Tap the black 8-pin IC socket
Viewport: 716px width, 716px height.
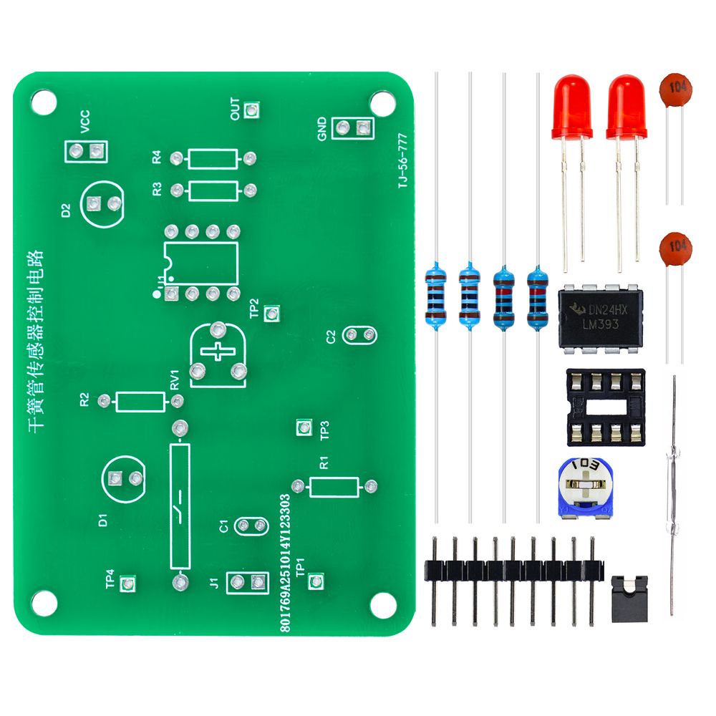606,407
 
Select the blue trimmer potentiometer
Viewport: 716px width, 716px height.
586,489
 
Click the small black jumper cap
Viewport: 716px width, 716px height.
629,599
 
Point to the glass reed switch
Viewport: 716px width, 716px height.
673,495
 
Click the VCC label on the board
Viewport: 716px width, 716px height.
85,122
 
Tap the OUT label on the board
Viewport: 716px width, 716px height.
235,109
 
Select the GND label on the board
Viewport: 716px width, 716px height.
322,129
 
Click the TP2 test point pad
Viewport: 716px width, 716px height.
271,314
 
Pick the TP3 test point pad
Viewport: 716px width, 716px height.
304,428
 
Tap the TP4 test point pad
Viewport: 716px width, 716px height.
128,584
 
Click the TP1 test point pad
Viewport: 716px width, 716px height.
316,581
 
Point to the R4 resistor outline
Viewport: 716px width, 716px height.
213,159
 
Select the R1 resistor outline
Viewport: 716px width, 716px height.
334,487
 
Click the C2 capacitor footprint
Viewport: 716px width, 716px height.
359,336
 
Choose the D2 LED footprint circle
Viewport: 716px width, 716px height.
102,203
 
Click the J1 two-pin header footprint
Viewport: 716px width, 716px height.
248,582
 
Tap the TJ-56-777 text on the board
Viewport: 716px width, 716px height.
402,160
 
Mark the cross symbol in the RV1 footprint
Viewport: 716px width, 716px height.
218,352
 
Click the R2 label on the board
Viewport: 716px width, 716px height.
84,400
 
